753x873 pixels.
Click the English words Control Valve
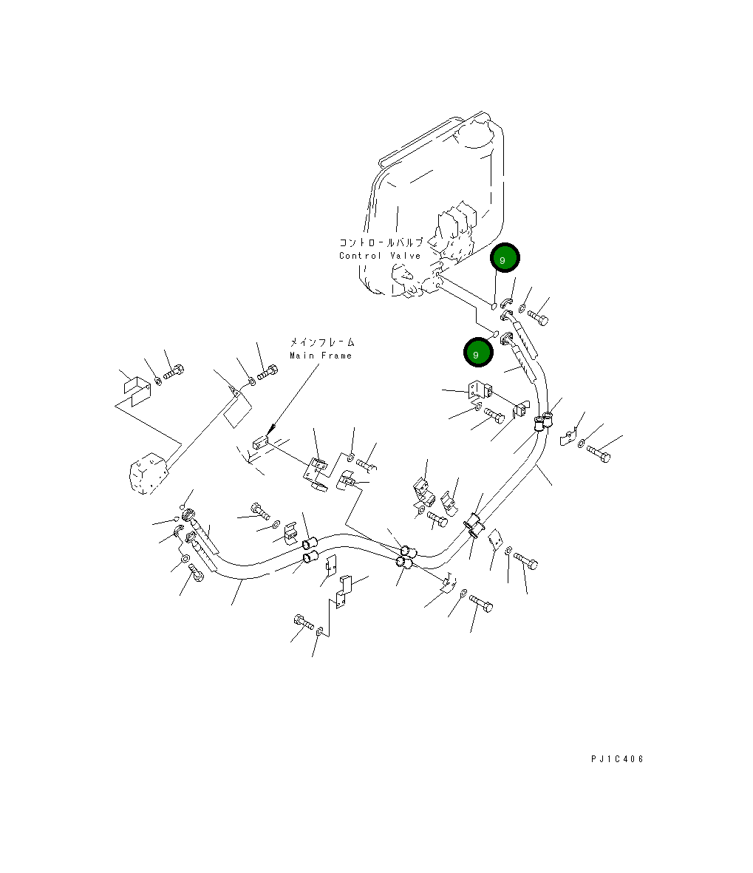(380, 256)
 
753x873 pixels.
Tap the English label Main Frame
(321, 356)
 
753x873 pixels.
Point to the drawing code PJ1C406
(617, 759)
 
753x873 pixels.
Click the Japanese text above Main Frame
(321, 343)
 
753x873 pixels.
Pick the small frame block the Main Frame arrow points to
(258, 443)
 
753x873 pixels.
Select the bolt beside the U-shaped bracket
(174, 371)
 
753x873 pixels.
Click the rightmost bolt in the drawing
(599, 452)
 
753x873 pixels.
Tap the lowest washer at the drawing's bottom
(319, 633)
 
